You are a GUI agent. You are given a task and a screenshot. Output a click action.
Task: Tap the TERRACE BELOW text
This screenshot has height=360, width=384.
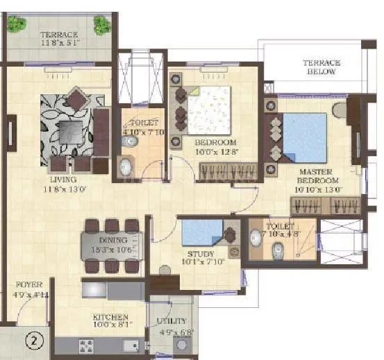point(322,67)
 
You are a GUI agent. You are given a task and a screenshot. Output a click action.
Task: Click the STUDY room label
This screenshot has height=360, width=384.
point(200,258)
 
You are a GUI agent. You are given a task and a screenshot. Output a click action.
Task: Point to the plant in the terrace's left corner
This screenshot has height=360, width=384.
point(15,24)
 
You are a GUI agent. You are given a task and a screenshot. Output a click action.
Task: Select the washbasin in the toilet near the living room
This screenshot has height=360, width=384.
point(126,166)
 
